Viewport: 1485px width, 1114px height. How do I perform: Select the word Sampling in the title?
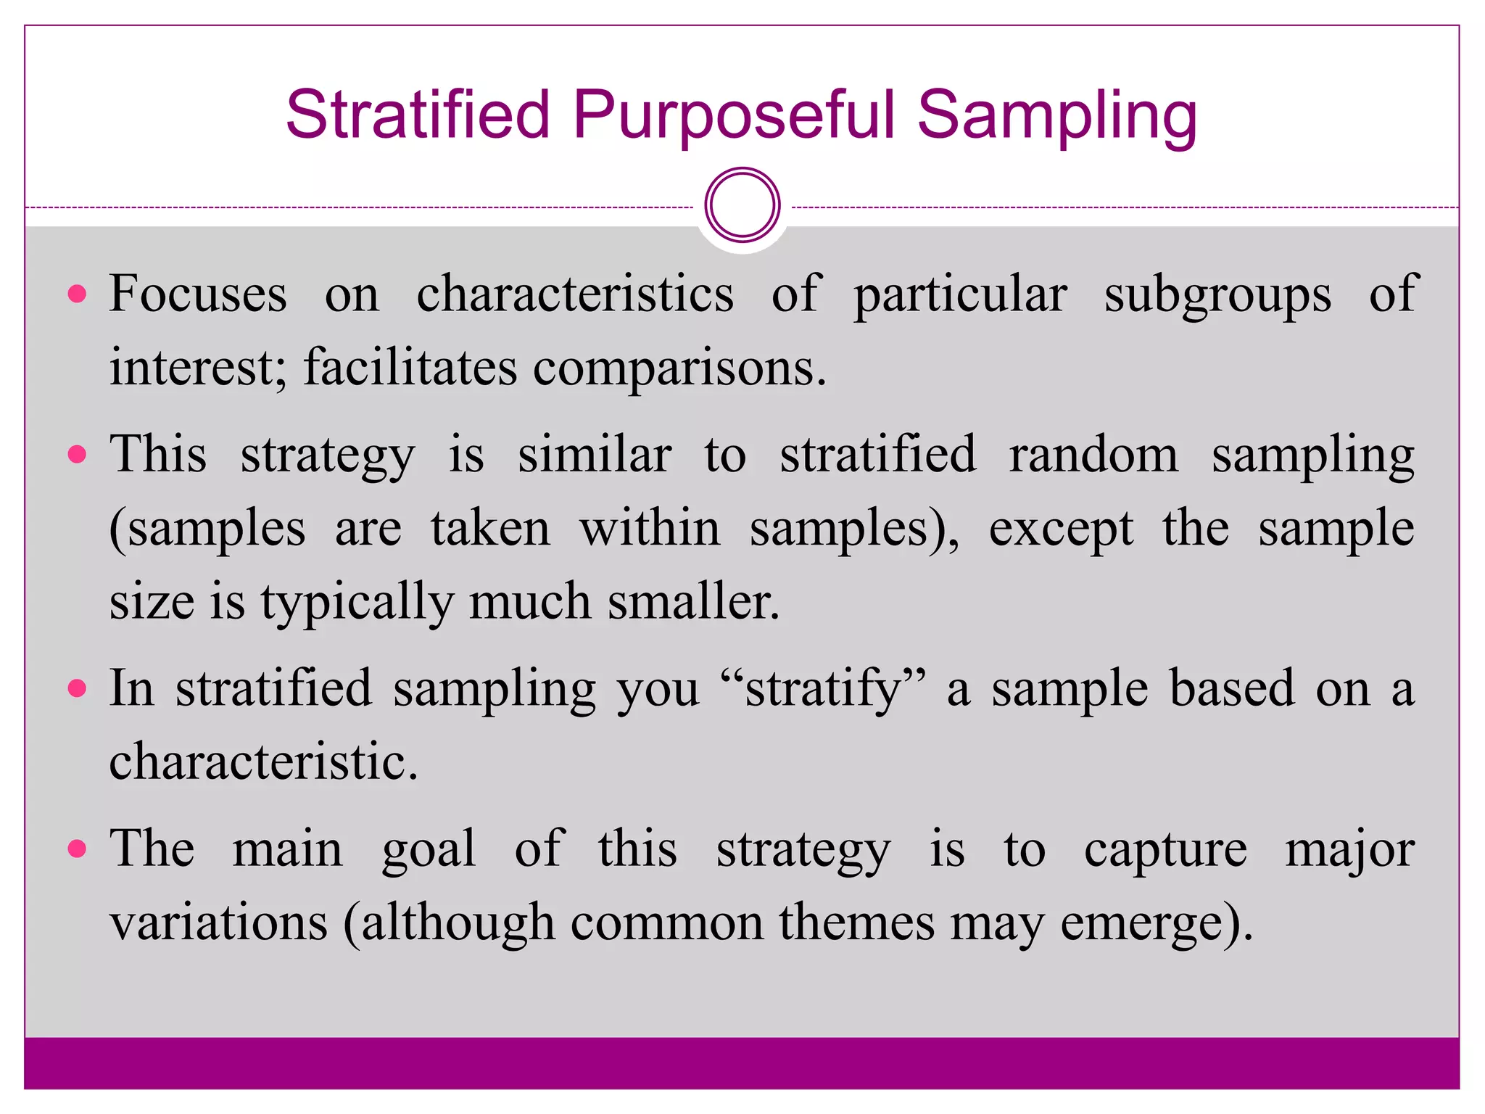1056,116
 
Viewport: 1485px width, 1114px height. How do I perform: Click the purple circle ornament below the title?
742,205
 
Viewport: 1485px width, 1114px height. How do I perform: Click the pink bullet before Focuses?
77,294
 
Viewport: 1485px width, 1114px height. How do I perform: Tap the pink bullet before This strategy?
77,455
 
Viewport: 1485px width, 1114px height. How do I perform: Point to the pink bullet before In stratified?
77,688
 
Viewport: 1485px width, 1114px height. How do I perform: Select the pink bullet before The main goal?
77,848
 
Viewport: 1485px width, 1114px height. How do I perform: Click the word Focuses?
198,294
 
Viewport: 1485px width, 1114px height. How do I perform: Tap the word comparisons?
679,368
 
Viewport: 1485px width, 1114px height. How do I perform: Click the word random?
1093,455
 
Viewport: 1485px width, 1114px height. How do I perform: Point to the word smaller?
693,601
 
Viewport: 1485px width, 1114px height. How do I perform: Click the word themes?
856,923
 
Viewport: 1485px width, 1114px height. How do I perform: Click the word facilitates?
410,367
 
